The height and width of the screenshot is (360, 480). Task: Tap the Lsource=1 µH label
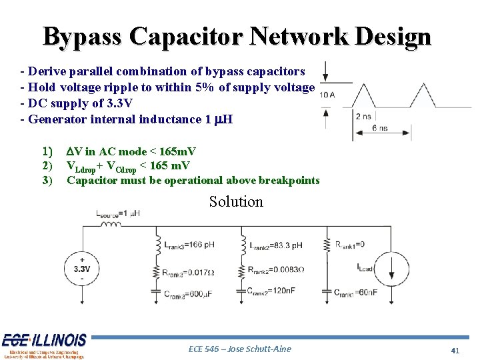[x=117, y=213]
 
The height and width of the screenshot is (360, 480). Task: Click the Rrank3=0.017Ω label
[x=191, y=272]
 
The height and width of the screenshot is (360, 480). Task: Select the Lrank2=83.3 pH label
[x=275, y=245]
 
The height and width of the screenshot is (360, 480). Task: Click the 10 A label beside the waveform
[x=327, y=95]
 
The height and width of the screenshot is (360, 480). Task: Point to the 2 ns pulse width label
[x=363, y=115]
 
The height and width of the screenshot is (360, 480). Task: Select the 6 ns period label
[x=379, y=128]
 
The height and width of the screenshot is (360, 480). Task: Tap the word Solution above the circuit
[x=236, y=201]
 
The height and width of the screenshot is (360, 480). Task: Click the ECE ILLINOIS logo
[x=44, y=345]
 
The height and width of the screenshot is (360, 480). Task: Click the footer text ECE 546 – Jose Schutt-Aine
[x=239, y=349]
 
